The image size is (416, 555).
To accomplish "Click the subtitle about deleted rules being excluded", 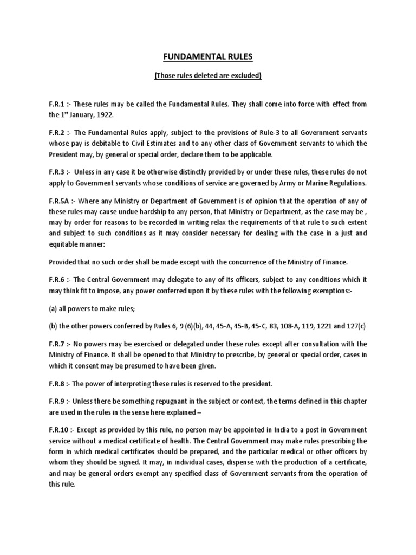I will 208,76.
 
